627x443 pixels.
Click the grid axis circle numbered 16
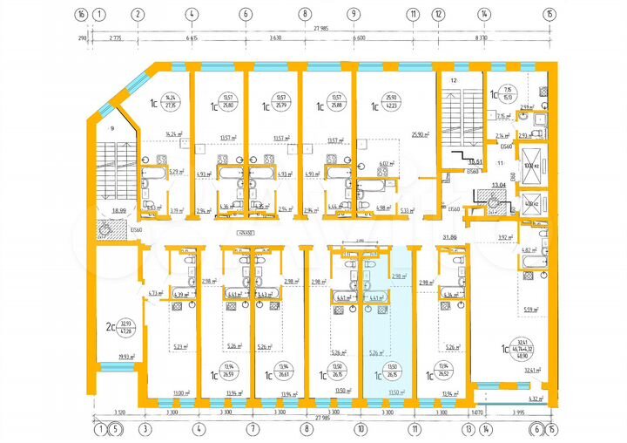pyautogui.click(x=81, y=14)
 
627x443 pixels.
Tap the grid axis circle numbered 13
pyautogui.click(x=468, y=428)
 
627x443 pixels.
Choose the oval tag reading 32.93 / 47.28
pyautogui.click(x=127, y=327)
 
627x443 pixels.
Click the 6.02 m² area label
pyautogui.click(x=385, y=163)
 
